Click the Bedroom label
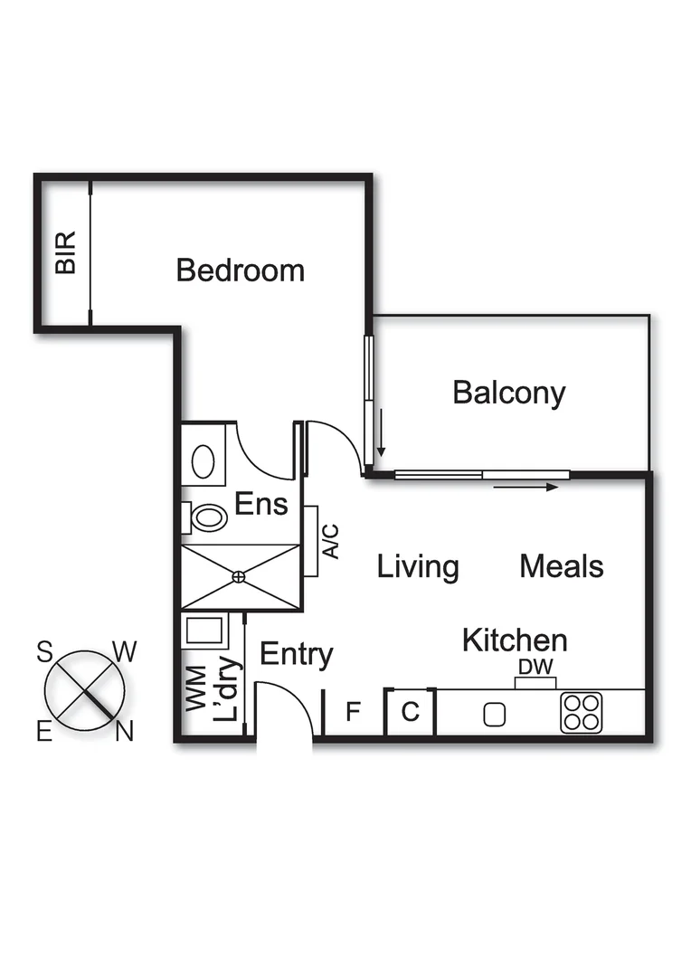(x=240, y=270)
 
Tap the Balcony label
(x=508, y=394)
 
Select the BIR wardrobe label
(x=65, y=253)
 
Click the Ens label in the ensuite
(x=260, y=503)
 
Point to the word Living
(x=418, y=567)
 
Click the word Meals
(x=561, y=567)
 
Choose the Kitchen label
(x=515, y=640)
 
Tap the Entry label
(x=296, y=654)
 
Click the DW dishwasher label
(x=535, y=668)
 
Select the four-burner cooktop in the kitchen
(x=581, y=712)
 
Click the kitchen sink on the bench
(x=494, y=715)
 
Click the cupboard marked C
(x=410, y=713)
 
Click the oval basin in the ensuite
(x=203, y=462)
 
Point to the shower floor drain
(x=239, y=576)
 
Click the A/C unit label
(x=331, y=541)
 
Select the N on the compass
(x=124, y=731)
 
